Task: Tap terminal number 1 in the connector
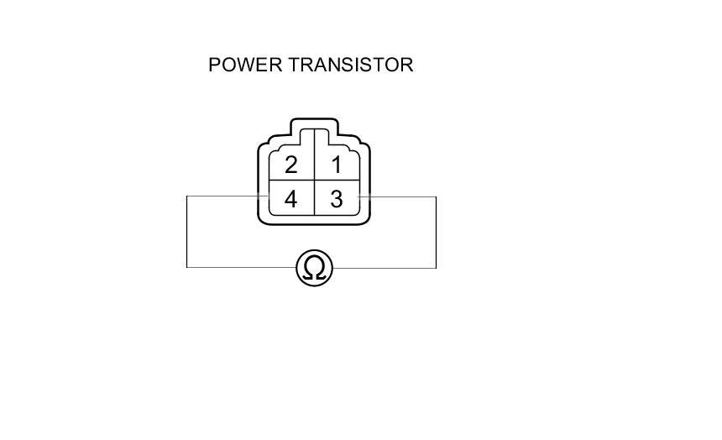click(x=337, y=165)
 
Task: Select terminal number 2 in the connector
click(x=290, y=165)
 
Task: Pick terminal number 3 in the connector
click(x=337, y=200)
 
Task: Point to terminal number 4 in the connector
click(x=290, y=200)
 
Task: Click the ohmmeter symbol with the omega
click(x=314, y=268)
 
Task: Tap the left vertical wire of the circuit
click(x=186, y=232)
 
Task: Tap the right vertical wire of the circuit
click(x=436, y=232)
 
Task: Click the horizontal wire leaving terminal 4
click(x=222, y=196)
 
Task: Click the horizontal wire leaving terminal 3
click(x=399, y=196)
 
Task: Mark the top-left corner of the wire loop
click(x=186, y=196)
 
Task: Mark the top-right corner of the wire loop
click(x=436, y=196)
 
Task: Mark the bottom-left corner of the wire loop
click(x=186, y=268)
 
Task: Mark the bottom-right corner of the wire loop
click(x=436, y=268)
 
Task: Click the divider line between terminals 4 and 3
click(x=314, y=199)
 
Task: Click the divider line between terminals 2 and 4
click(x=290, y=181)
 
